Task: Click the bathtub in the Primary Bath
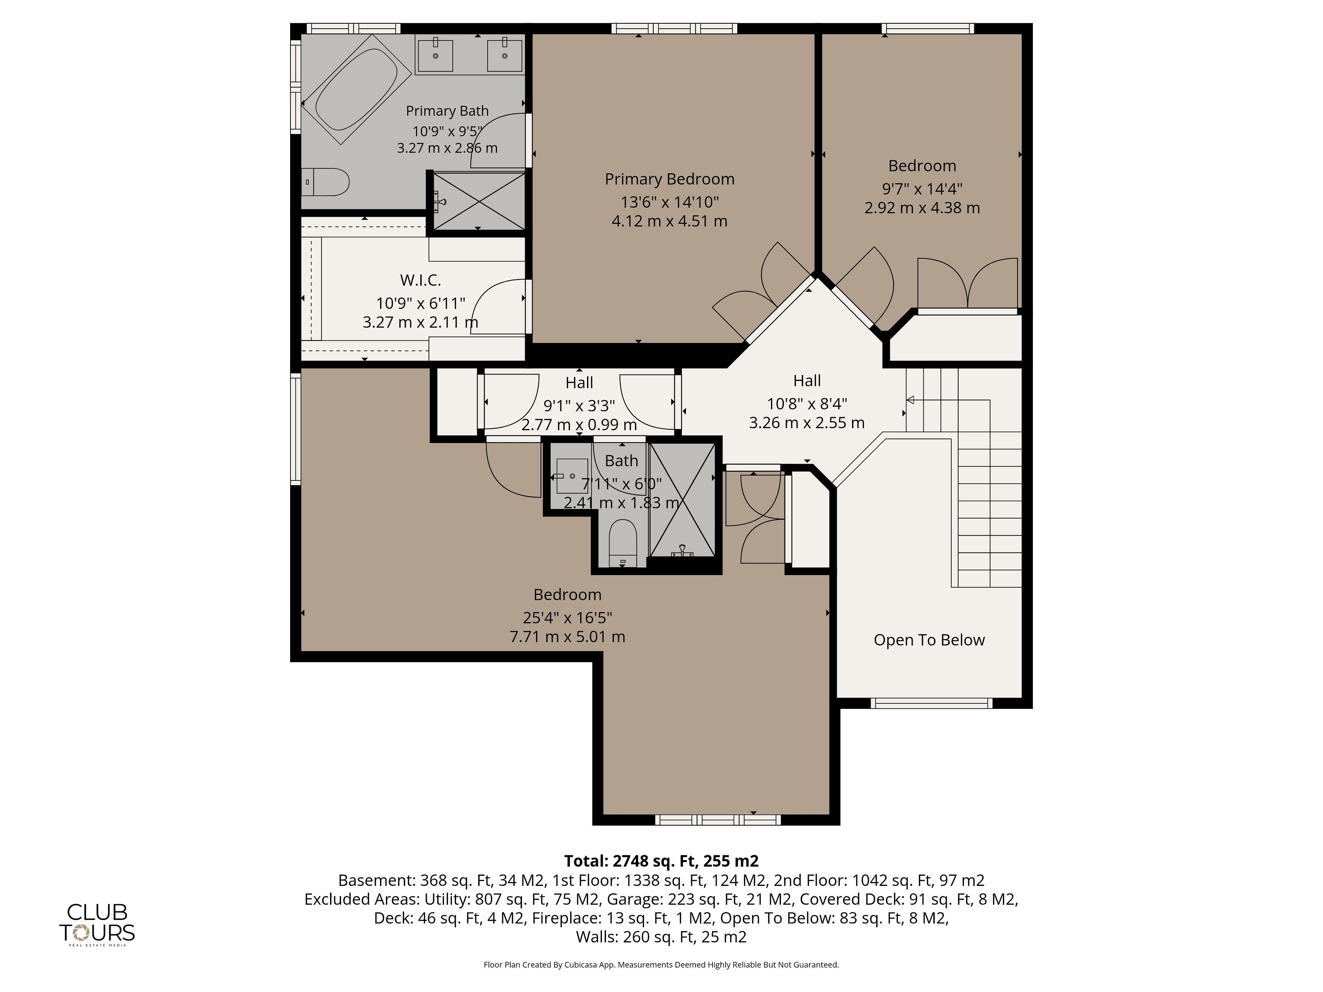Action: pos(356,90)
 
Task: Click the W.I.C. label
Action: pos(420,280)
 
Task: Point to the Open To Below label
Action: pos(929,640)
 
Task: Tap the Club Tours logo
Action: pos(97,924)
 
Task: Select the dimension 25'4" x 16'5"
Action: pos(567,617)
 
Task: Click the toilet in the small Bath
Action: pos(622,543)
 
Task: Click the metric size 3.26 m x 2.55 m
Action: pos(807,423)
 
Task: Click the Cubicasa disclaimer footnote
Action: pos(661,964)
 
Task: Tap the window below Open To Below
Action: pos(931,703)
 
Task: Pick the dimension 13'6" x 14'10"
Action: pos(669,202)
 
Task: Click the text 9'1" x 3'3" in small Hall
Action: pos(579,406)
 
